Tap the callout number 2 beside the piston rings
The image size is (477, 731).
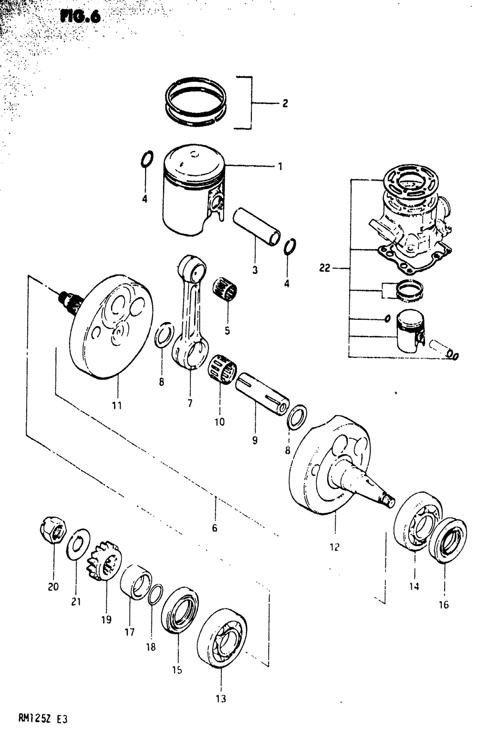[285, 103]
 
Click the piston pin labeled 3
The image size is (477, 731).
[256, 226]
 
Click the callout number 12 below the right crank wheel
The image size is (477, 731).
[334, 547]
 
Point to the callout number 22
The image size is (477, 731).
[324, 269]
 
